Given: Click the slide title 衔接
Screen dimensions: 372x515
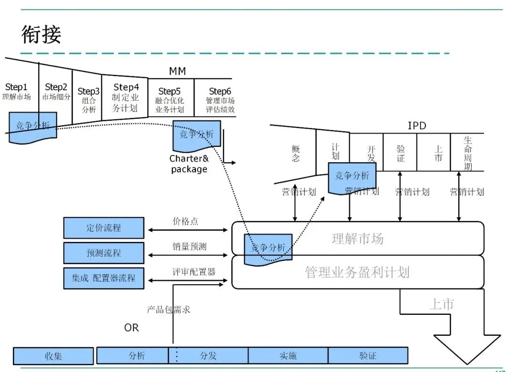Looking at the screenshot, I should [x=41, y=35].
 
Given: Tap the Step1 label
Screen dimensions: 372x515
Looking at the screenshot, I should [x=16, y=87].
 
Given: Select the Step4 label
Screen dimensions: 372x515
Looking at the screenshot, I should [x=126, y=87].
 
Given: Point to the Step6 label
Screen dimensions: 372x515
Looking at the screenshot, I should [x=220, y=91].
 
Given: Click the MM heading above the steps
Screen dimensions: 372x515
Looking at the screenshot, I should [x=177, y=72].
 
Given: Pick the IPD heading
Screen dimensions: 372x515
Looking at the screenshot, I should [x=417, y=126].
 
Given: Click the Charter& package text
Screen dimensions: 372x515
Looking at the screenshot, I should [x=189, y=164].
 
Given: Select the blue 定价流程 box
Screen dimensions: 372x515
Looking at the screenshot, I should [x=103, y=228].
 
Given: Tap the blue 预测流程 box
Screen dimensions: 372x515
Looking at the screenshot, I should [x=103, y=253].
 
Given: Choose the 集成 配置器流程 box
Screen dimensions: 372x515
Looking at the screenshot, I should [x=103, y=278].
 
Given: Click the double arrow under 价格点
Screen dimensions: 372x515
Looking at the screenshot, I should [x=188, y=230].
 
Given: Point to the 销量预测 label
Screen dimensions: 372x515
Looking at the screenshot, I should [x=189, y=247].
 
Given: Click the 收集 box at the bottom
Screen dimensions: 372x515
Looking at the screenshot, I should [x=53, y=356].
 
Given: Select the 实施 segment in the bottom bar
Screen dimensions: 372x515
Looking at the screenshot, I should [x=288, y=355].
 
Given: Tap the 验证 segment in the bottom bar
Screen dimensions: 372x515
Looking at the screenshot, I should [x=368, y=355].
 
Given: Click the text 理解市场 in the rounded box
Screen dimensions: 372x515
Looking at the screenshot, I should [x=357, y=238].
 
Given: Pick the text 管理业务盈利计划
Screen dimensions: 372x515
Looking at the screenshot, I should [x=357, y=272].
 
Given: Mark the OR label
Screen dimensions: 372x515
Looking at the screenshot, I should [x=132, y=328].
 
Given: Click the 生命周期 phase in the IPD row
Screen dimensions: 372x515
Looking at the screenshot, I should [x=468, y=153].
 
